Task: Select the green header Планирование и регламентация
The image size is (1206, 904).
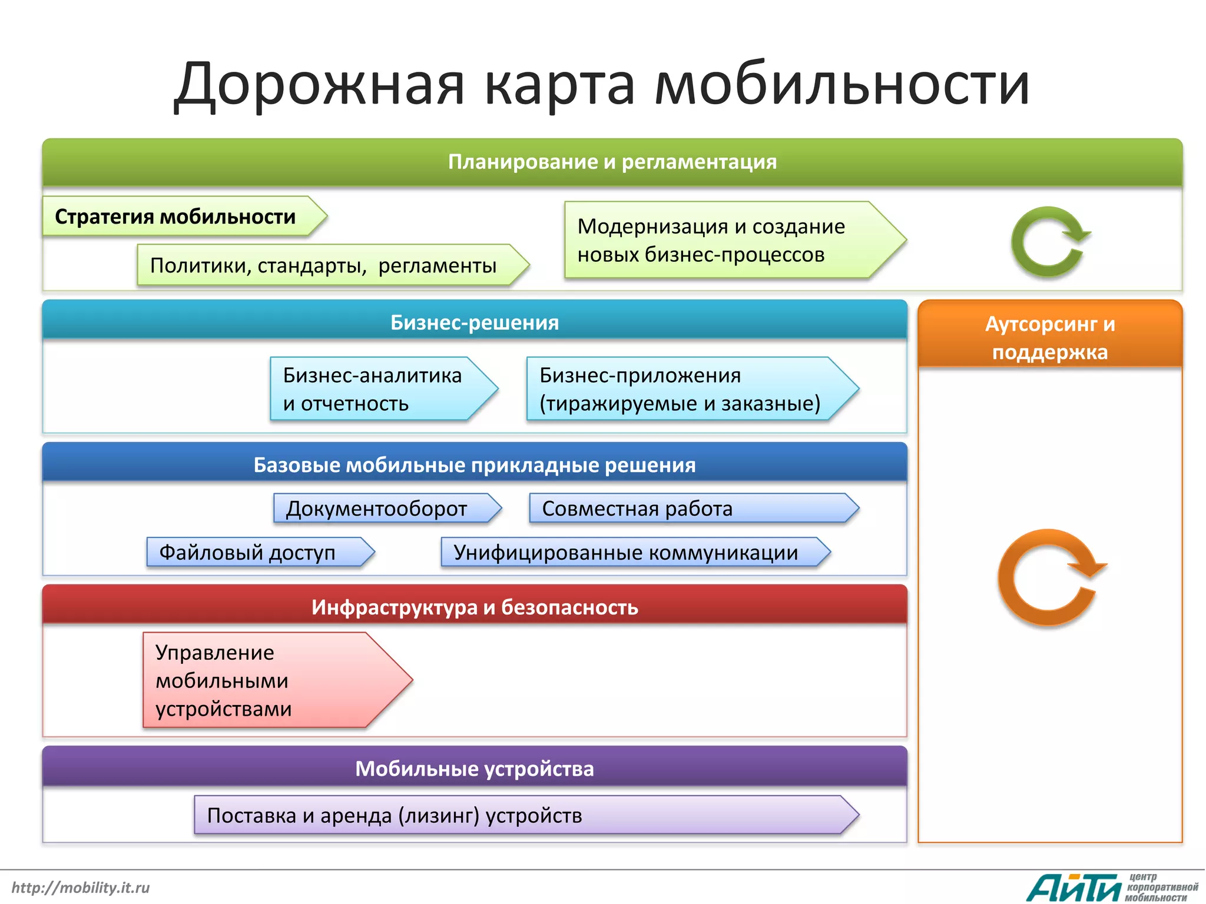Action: pyautogui.click(x=612, y=162)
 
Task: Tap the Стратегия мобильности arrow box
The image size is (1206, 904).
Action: pyautogui.click(x=177, y=217)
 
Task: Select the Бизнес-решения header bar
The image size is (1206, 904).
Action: pyautogui.click(x=474, y=322)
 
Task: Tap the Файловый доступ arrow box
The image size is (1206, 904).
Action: pyautogui.click(x=253, y=553)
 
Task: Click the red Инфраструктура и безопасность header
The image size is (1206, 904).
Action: pyautogui.click(x=474, y=607)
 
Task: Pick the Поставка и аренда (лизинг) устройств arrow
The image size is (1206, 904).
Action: pyautogui.click(x=518, y=815)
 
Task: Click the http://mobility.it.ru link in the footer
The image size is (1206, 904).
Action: pyautogui.click(x=81, y=888)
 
